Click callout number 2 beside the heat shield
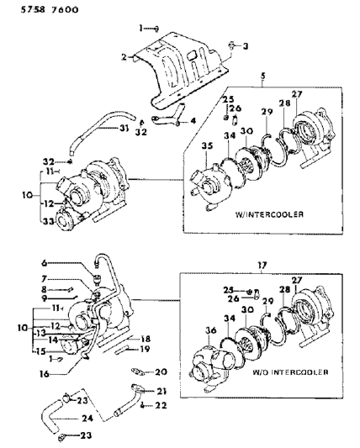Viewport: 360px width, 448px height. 124,57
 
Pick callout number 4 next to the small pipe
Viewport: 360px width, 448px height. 193,120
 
